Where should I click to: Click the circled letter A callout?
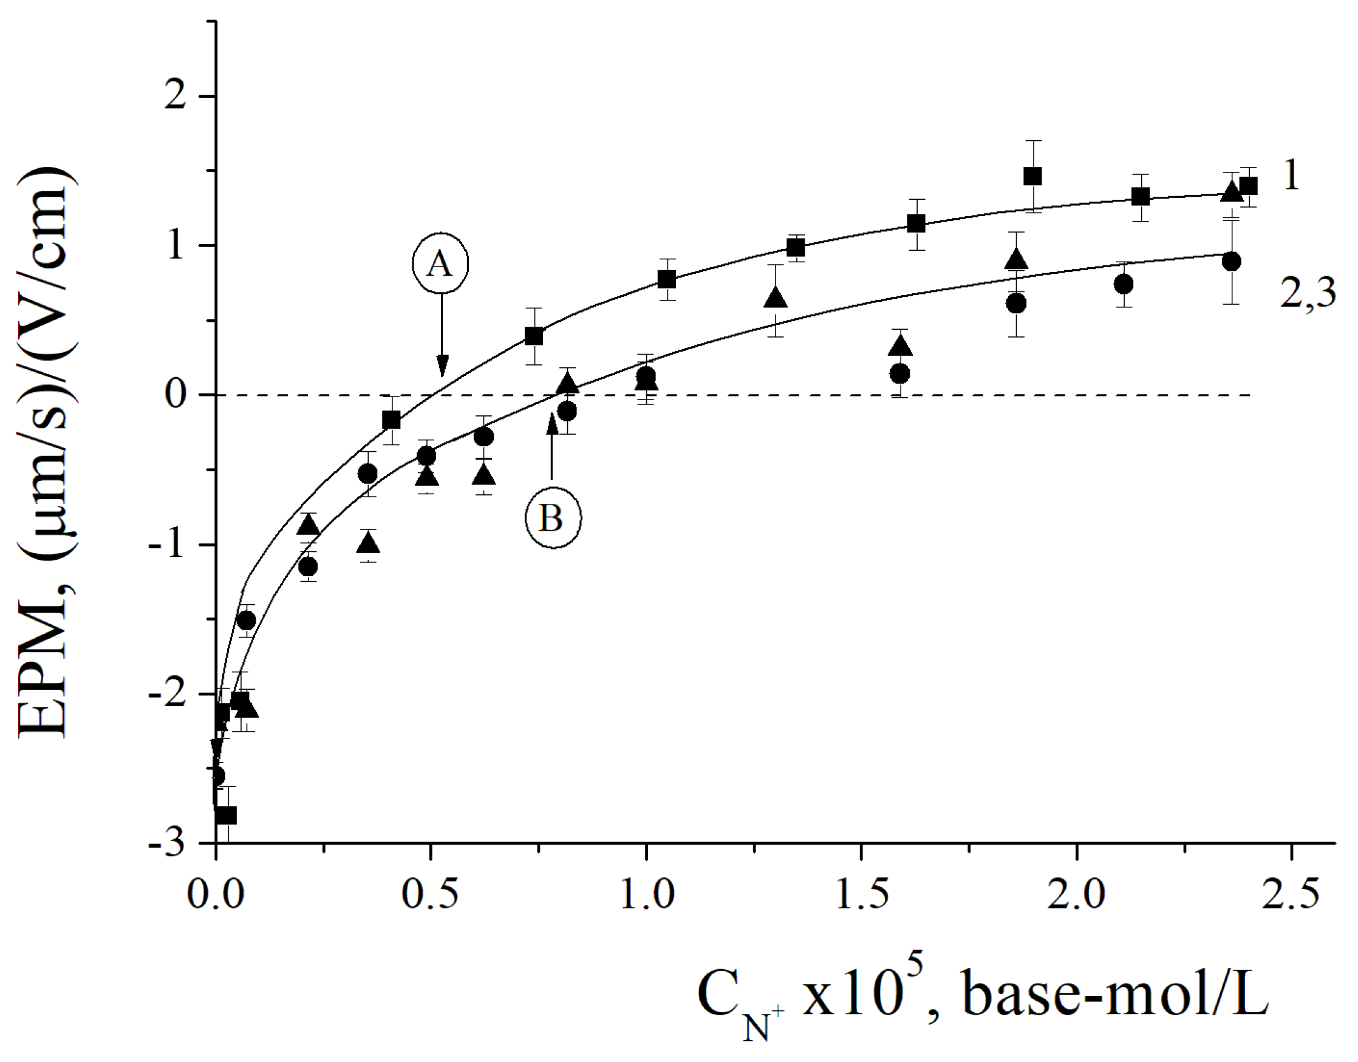point(440,264)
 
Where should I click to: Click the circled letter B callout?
point(552,518)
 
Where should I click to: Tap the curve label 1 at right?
point(1291,176)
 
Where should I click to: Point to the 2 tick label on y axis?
point(176,97)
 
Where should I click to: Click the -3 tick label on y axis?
point(167,844)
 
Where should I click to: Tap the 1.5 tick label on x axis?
point(861,896)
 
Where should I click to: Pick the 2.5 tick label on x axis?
point(1291,896)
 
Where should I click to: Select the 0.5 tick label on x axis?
point(430,896)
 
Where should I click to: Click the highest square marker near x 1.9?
point(1033,177)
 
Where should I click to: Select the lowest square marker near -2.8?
point(227,815)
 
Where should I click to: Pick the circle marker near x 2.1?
point(1123,285)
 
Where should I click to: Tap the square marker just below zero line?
point(391,420)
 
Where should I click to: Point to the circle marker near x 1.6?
point(899,373)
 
